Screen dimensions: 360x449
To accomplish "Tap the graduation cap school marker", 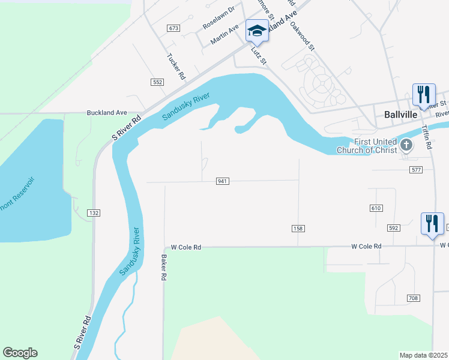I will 257,31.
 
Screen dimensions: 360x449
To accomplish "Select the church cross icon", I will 406,145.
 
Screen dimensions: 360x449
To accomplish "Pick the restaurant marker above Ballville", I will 424,95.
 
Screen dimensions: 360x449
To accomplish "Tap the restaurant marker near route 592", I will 432,224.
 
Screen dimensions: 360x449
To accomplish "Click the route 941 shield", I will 223,181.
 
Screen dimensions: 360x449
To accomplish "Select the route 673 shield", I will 174,28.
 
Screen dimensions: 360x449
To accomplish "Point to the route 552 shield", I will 158,82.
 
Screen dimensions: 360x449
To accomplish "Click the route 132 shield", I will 94,213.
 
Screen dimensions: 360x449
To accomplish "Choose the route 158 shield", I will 298,229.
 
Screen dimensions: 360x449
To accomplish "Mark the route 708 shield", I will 412,298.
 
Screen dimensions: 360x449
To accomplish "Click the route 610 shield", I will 376,208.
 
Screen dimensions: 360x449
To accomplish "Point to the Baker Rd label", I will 163,268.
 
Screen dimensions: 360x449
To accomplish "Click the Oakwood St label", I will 303,38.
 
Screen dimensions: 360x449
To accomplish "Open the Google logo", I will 20,353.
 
